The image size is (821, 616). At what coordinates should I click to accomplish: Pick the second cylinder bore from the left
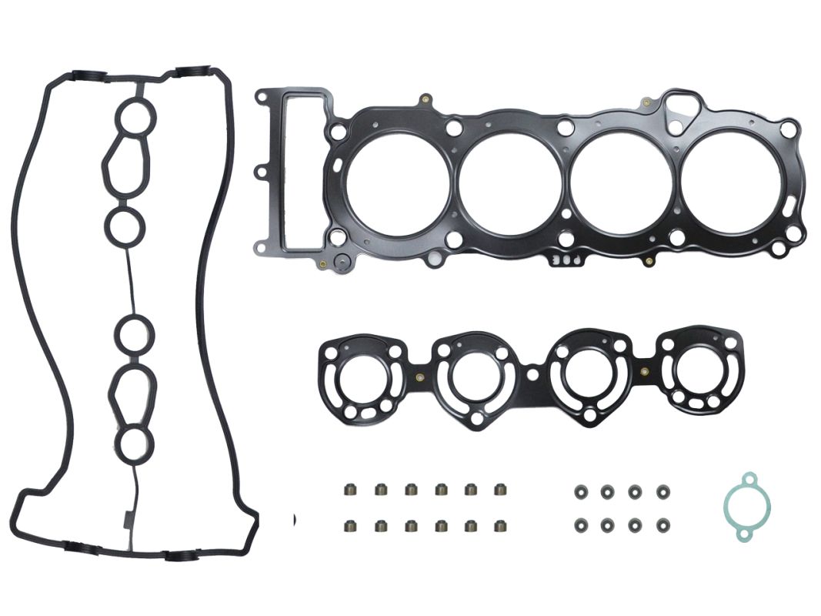pyautogui.click(x=509, y=184)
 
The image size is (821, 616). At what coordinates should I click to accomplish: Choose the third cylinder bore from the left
pyautogui.click(x=621, y=184)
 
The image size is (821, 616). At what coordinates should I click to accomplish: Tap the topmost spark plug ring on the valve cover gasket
pyautogui.click(x=137, y=117)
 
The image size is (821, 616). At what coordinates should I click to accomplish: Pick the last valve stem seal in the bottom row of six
pyautogui.click(x=500, y=527)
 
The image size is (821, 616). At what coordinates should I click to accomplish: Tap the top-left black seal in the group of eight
pyautogui.click(x=579, y=489)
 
